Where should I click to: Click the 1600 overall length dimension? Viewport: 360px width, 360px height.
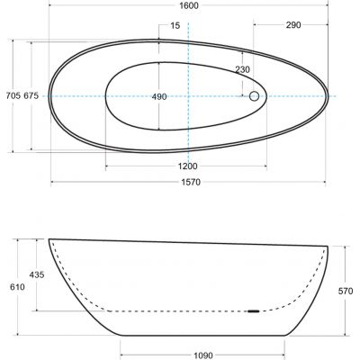[x=190, y=5]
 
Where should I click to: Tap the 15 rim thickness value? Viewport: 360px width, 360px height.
[x=175, y=26]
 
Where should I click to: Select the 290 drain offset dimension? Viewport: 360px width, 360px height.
[x=293, y=25]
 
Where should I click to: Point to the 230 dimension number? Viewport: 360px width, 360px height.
[x=242, y=69]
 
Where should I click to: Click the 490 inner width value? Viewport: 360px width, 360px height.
[x=159, y=97]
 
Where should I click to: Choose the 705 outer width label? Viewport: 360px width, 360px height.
[x=13, y=96]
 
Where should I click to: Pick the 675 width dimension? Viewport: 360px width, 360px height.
[x=31, y=96]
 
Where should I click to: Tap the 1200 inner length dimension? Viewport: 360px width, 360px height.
[x=188, y=166]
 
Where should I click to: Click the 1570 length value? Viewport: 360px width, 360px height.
[x=191, y=182]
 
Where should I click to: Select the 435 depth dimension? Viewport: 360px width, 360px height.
[x=37, y=274]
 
